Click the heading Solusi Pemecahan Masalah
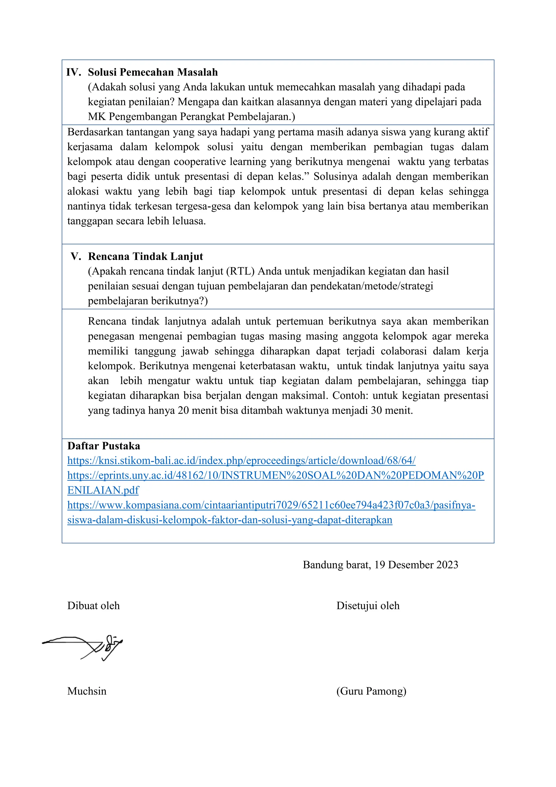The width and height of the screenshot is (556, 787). click(153, 72)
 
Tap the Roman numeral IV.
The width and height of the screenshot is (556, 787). click(74, 72)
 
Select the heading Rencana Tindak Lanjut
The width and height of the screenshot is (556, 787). click(145, 256)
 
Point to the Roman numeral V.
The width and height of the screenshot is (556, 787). click(76, 256)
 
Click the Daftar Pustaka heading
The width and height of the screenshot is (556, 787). click(103, 446)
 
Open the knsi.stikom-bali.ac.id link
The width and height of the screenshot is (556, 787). click(241, 461)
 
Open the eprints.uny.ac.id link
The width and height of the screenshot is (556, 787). click(276, 476)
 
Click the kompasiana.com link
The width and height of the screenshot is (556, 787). click(271, 505)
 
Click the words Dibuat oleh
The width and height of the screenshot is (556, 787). click(93, 606)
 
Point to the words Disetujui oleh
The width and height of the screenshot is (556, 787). click(368, 606)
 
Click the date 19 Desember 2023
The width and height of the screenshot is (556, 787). click(416, 565)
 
